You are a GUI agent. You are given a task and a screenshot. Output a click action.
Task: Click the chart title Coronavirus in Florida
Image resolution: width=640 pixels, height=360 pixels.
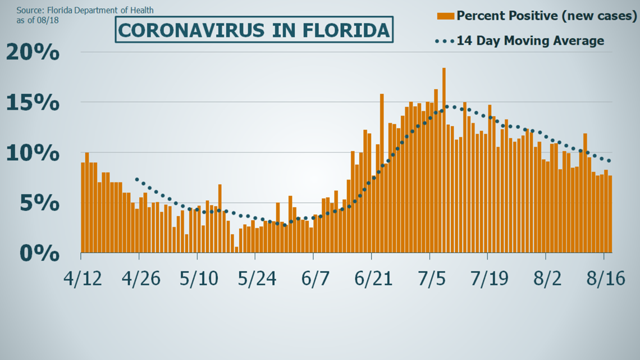tap(254, 30)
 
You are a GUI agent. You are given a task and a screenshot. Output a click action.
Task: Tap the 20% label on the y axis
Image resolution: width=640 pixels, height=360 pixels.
tap(33, 53)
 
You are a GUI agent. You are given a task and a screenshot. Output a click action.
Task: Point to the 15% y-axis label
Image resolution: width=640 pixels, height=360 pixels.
tap(33, 103)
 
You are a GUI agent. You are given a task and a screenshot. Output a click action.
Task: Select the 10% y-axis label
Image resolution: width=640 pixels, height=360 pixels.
tap(33, 153)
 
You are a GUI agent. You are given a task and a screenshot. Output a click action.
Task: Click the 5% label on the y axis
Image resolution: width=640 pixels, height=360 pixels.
tap(38, 203)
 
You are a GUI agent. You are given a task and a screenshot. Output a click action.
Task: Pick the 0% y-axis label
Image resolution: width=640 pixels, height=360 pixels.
tap(38, 253)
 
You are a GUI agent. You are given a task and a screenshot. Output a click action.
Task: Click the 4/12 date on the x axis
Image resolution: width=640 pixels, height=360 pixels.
tap(83, 279)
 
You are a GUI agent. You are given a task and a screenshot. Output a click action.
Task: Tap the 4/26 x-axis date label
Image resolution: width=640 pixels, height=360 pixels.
tap(140, 279)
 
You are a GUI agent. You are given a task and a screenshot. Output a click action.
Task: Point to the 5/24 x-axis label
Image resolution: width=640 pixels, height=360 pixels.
tap(256, 279)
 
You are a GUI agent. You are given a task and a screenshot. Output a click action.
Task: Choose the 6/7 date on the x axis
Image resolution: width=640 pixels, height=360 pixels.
tap(313, 279)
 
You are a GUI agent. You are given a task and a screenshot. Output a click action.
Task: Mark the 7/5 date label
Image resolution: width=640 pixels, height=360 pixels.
tap(430, 279)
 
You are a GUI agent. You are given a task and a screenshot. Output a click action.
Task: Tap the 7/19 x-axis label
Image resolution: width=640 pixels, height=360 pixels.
tap(487, 279)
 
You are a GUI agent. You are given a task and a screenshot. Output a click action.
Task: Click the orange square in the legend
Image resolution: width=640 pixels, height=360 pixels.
tap(445, 16)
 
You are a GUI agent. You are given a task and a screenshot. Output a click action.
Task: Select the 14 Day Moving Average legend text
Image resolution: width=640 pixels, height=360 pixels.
tap(531, 41)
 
